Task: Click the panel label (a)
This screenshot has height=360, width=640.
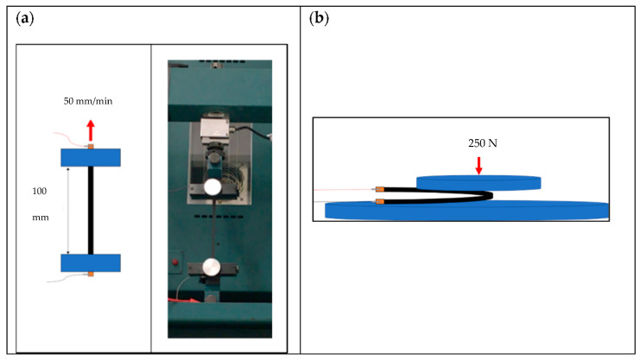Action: coord(26,17)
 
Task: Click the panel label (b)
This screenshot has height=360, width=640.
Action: coord(318,17)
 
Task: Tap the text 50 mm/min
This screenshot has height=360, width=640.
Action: coord(89,100)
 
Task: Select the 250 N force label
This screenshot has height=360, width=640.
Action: coord(479,144)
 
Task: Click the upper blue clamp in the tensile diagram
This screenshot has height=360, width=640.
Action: coord(90,157)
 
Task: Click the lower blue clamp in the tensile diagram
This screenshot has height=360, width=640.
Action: coord(90,262)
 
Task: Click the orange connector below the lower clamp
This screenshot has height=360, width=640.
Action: coord(90,275)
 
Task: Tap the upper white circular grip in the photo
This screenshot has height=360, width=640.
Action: coord(212,187)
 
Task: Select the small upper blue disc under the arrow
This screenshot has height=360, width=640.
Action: coord(478,181)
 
